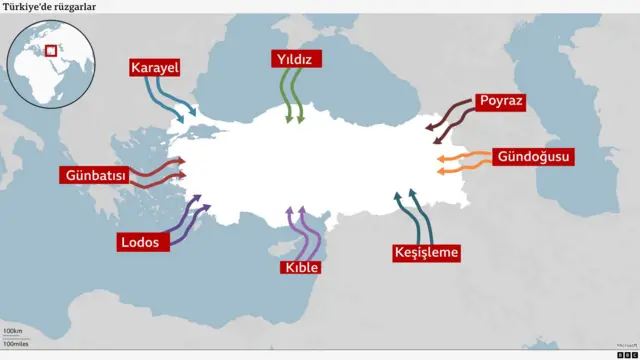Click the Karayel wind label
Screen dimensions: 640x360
click(x=153, y=68)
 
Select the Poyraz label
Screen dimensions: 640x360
click(x=500, y=101)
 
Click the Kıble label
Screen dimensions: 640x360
click(x=301, y=268)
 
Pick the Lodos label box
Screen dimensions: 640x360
click(x=139, y=242)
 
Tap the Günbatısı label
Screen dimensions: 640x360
click(x=96, y=176)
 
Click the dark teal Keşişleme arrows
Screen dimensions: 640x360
click(x=413, y=214)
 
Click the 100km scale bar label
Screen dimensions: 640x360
click(x=13, y=330)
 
